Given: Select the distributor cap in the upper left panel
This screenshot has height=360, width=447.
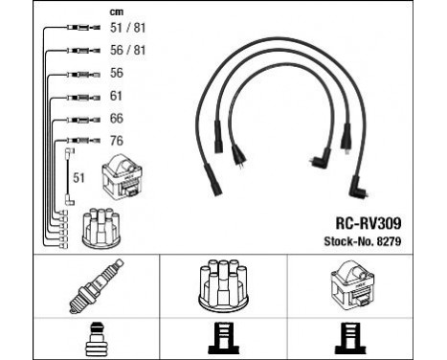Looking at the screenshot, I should click(x=101, y=229).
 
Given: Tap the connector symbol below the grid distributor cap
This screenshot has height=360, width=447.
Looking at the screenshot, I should click(x=222, y=339).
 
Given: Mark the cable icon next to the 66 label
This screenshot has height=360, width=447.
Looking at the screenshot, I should click(x=78, y=120).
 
